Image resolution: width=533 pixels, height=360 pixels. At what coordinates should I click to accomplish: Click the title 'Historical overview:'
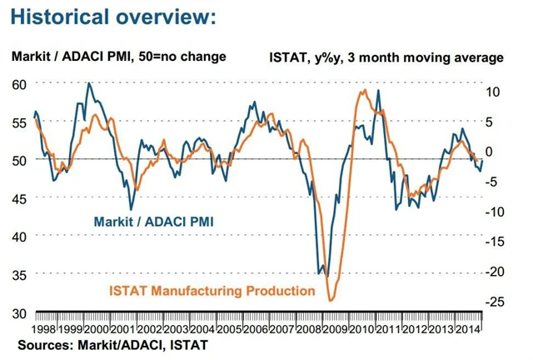pyautogui.click(x=113, y=16)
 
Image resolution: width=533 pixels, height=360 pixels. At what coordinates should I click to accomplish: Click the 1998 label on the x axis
pyautogui.click(x=44, y=328)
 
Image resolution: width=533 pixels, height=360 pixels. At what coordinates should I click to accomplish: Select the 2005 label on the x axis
pyautogui.click(x=232, y=328)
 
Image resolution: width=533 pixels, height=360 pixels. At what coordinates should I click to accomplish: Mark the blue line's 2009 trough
pyautogui.click(x=326, y=276)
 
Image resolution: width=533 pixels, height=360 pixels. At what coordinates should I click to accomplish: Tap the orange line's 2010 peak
pyautogui.click(x=365, y=90)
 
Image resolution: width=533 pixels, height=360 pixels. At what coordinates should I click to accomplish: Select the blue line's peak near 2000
pyautogui.click(x=89, y=83)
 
